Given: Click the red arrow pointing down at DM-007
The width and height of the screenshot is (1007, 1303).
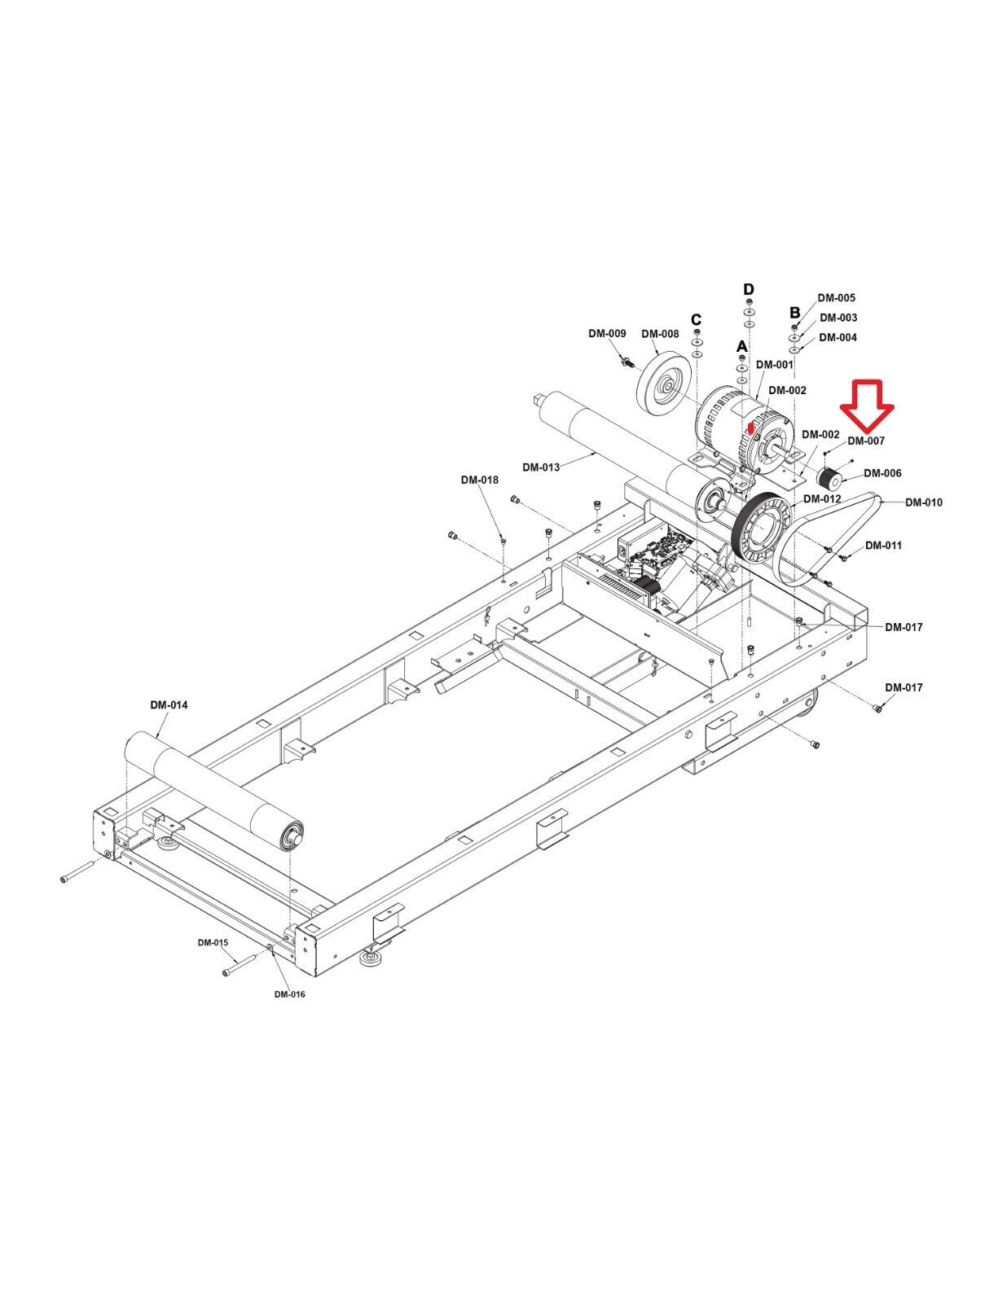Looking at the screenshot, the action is pos(867,406).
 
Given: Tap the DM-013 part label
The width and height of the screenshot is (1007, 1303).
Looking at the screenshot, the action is pos(541,467).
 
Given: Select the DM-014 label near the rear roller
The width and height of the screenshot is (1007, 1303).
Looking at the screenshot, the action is pos(169,705).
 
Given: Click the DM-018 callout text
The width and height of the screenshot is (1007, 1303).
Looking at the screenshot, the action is pos(479,480).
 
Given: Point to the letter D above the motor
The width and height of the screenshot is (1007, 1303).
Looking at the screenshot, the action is pos(749,290).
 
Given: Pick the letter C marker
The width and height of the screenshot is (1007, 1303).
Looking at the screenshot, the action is pos(696,319).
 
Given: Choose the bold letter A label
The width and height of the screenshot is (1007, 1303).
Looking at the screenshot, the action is pos(742,347).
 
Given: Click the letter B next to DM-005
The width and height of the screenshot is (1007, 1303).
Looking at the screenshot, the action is pos(794,313).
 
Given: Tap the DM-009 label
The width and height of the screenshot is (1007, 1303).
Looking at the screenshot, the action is pos(607,333).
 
